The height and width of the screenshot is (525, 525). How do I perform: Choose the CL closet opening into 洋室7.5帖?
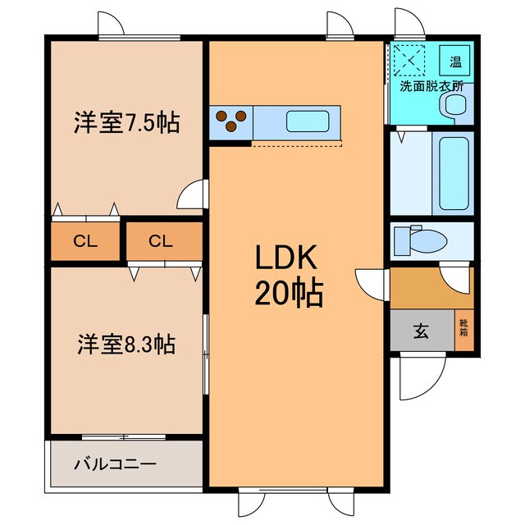tap(83, 241)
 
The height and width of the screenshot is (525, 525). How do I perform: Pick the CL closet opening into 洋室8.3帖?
tap(161, 241)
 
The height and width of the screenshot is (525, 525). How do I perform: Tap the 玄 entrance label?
tap(420, 331)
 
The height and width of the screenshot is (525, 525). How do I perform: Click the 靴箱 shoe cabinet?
tap(463, 331)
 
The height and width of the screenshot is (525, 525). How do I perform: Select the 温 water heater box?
tap(454, 60)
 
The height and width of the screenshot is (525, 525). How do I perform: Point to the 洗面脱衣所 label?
tap(431, 85)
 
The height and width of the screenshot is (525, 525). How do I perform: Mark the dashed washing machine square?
tap(408, 59)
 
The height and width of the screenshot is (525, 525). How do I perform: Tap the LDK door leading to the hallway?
tap(370, 283)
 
